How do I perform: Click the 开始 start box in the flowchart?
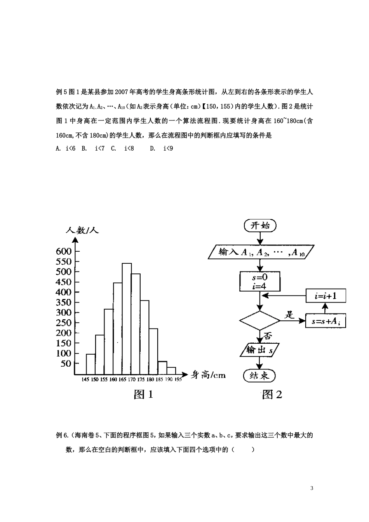(260, 225)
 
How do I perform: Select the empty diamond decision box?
(259, 321)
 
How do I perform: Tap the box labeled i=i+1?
(325, 296)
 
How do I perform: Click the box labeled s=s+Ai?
(325, 321)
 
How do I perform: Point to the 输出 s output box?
(259, 350)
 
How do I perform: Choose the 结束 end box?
(259, 376)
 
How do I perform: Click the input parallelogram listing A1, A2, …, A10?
(261, 252)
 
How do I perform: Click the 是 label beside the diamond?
(290, 315)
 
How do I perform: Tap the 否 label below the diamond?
(268, 335)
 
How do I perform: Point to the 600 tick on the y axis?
(64, 251)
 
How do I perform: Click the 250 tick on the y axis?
(64, 323)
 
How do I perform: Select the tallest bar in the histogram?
(127, 318)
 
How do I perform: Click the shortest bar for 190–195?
(171, 371)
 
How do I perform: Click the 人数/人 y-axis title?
(82, 230)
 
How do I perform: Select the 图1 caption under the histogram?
(143, 395)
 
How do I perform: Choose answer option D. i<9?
(162, 148)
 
